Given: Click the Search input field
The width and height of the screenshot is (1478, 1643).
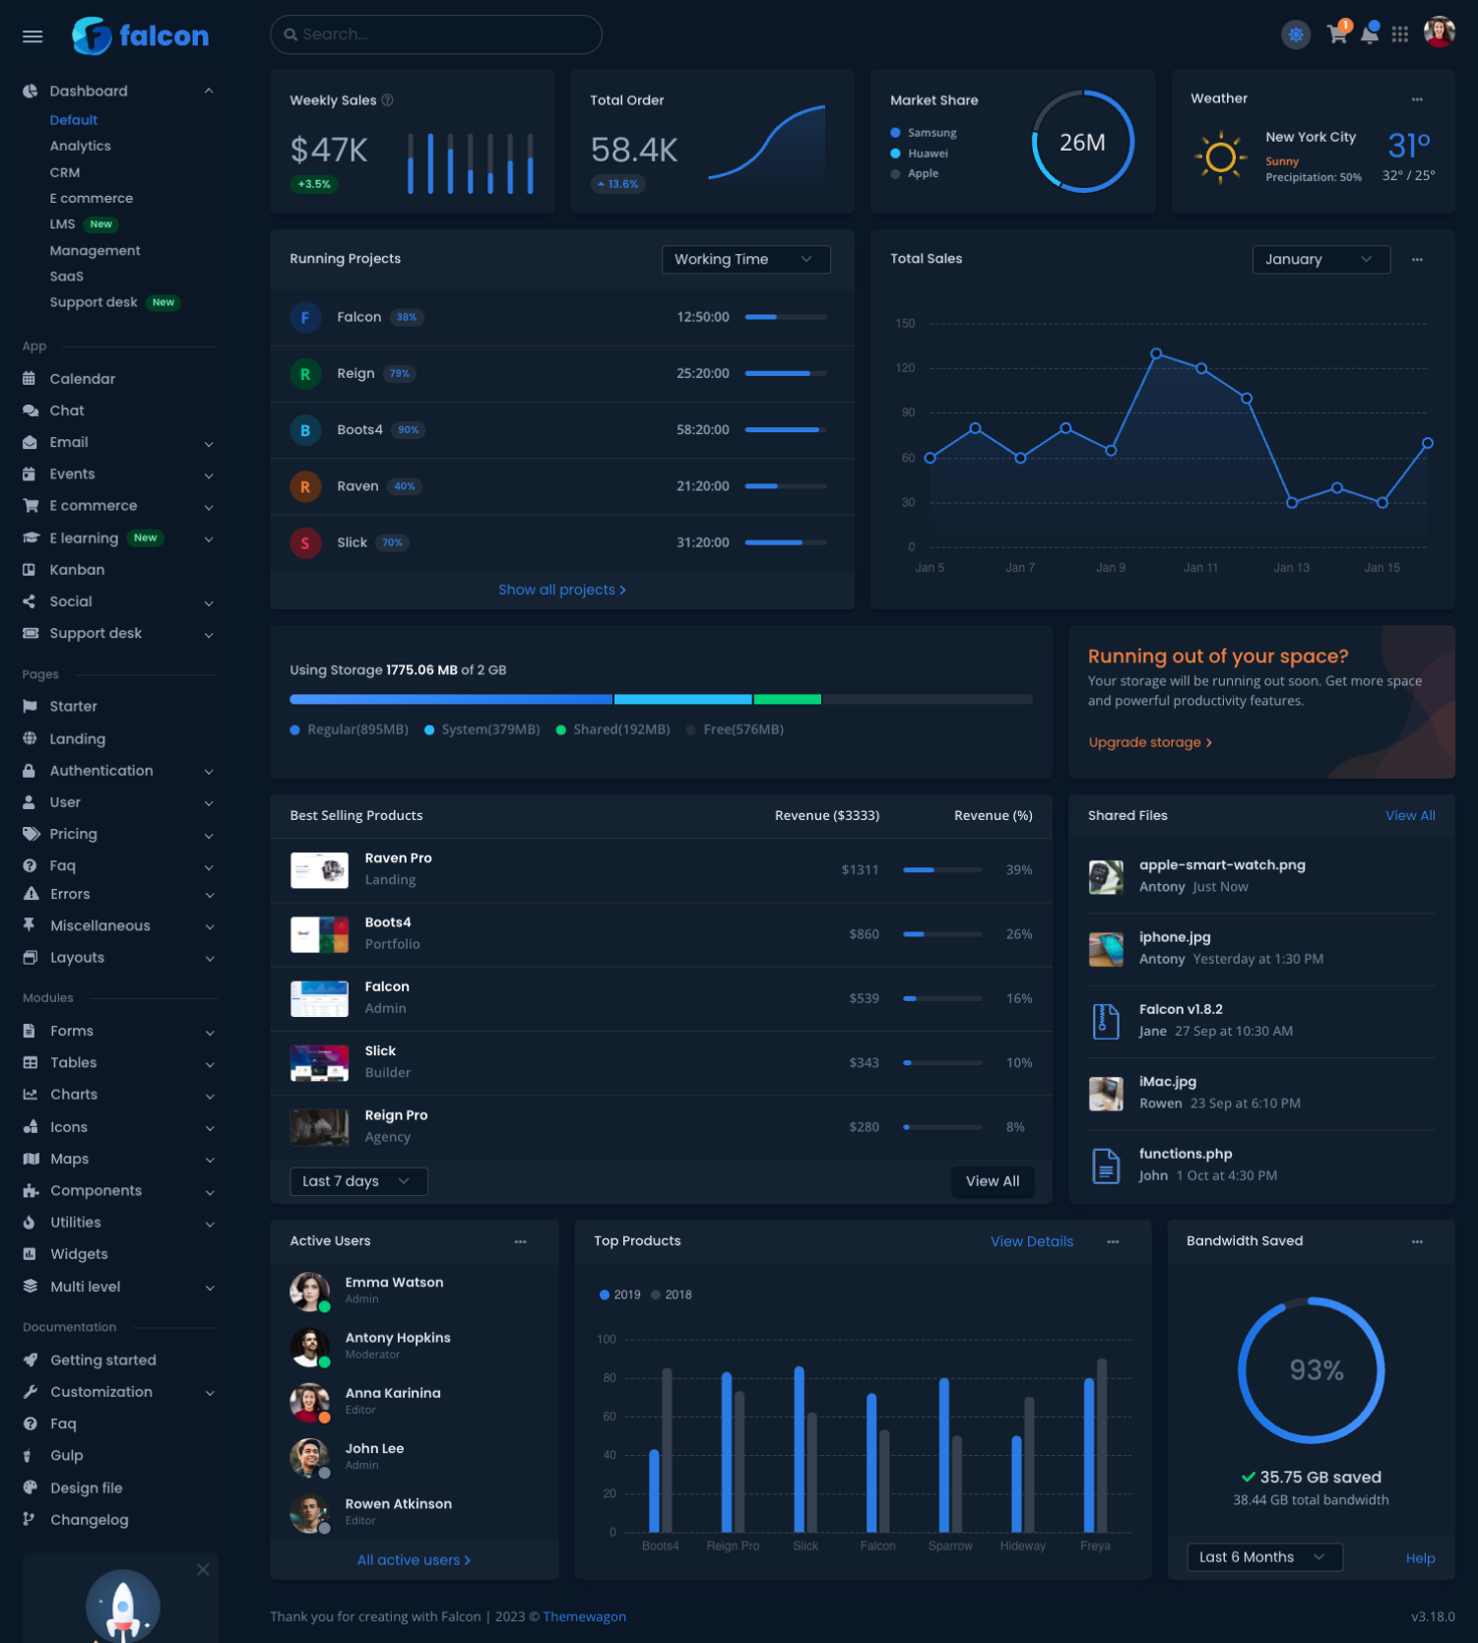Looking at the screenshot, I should (x=435, y=34).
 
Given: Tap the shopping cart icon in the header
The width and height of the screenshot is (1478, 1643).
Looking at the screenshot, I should (x=1336, y=34).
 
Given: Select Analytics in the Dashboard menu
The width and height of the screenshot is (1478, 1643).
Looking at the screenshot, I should (x=81, y=146).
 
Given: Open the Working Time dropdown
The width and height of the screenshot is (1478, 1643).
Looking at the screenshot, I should (x=745, y=259).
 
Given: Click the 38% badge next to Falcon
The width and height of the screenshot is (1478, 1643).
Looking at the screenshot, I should (x=406, y=317).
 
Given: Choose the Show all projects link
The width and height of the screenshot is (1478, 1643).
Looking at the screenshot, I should (x=561, y=590).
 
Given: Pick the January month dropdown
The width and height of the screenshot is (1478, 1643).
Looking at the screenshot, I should (x=1319, y=259).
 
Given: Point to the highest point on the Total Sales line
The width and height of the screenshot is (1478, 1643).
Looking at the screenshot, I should (x=1156, y=353).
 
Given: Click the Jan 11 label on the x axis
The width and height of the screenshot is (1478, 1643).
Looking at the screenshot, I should (x=1200, y=568).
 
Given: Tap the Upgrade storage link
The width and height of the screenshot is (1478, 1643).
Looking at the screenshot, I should (x=1149, y=742).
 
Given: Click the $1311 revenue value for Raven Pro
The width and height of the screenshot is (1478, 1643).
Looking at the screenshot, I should (x=860, y=870).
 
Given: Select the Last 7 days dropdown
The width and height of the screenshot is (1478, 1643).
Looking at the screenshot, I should (x=358, y=1181).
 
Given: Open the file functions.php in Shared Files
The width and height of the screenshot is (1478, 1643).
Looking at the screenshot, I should (x=1186, y=1154).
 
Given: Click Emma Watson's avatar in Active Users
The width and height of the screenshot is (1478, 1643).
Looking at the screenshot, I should (x=309, y=1291).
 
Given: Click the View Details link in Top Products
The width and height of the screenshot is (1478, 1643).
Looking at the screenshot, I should (x=1031, y=1241).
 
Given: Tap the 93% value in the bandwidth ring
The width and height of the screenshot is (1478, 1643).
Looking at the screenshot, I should (x=1316, y=1370).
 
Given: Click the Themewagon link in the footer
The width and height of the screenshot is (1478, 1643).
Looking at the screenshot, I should (x=584, y=1616).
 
